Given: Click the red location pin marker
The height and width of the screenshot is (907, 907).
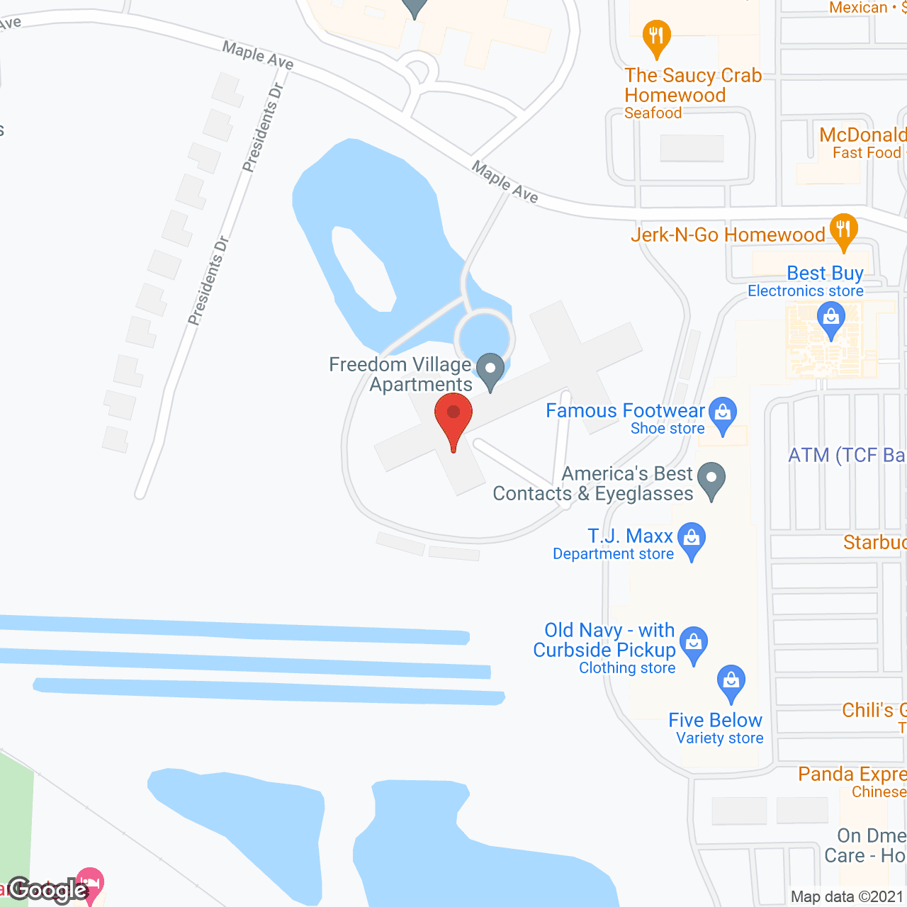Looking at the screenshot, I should [x=453, y=417].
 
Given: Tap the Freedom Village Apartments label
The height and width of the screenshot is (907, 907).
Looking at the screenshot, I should [x=401, y=374].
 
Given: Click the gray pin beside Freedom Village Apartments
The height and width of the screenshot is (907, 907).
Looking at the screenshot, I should [x=490, y=371].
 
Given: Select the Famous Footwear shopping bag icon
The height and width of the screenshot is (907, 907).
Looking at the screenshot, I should [x=723, y=414].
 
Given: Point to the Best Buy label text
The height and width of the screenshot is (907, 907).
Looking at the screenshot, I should [x=825, y=274].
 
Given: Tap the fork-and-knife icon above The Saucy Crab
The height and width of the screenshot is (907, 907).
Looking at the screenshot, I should [x=656, y=38].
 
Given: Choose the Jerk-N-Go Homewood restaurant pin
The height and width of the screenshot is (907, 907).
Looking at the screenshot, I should [x=843, y=231].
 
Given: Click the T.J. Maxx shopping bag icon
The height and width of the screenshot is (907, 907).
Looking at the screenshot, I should [x=692, y=540].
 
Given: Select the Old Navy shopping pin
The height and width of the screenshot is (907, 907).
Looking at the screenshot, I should [x=693, y=644].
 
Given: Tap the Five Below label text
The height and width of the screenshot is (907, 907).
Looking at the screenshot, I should [x=715, y=721].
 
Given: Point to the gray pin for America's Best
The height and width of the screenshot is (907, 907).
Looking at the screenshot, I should [x=711, y=480].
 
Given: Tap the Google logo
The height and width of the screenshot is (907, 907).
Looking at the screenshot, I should [x=48, y=890].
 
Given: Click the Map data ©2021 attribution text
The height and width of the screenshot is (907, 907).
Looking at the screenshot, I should [x=847, y=897].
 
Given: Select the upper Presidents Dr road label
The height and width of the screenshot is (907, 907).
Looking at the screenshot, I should [x=263, y=128].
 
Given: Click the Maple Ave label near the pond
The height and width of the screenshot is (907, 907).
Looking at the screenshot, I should [x=505, y=182].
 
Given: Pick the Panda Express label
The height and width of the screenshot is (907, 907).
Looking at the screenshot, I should [x=852, y=774].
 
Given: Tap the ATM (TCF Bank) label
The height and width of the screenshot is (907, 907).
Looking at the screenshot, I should [x=847, y=455].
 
